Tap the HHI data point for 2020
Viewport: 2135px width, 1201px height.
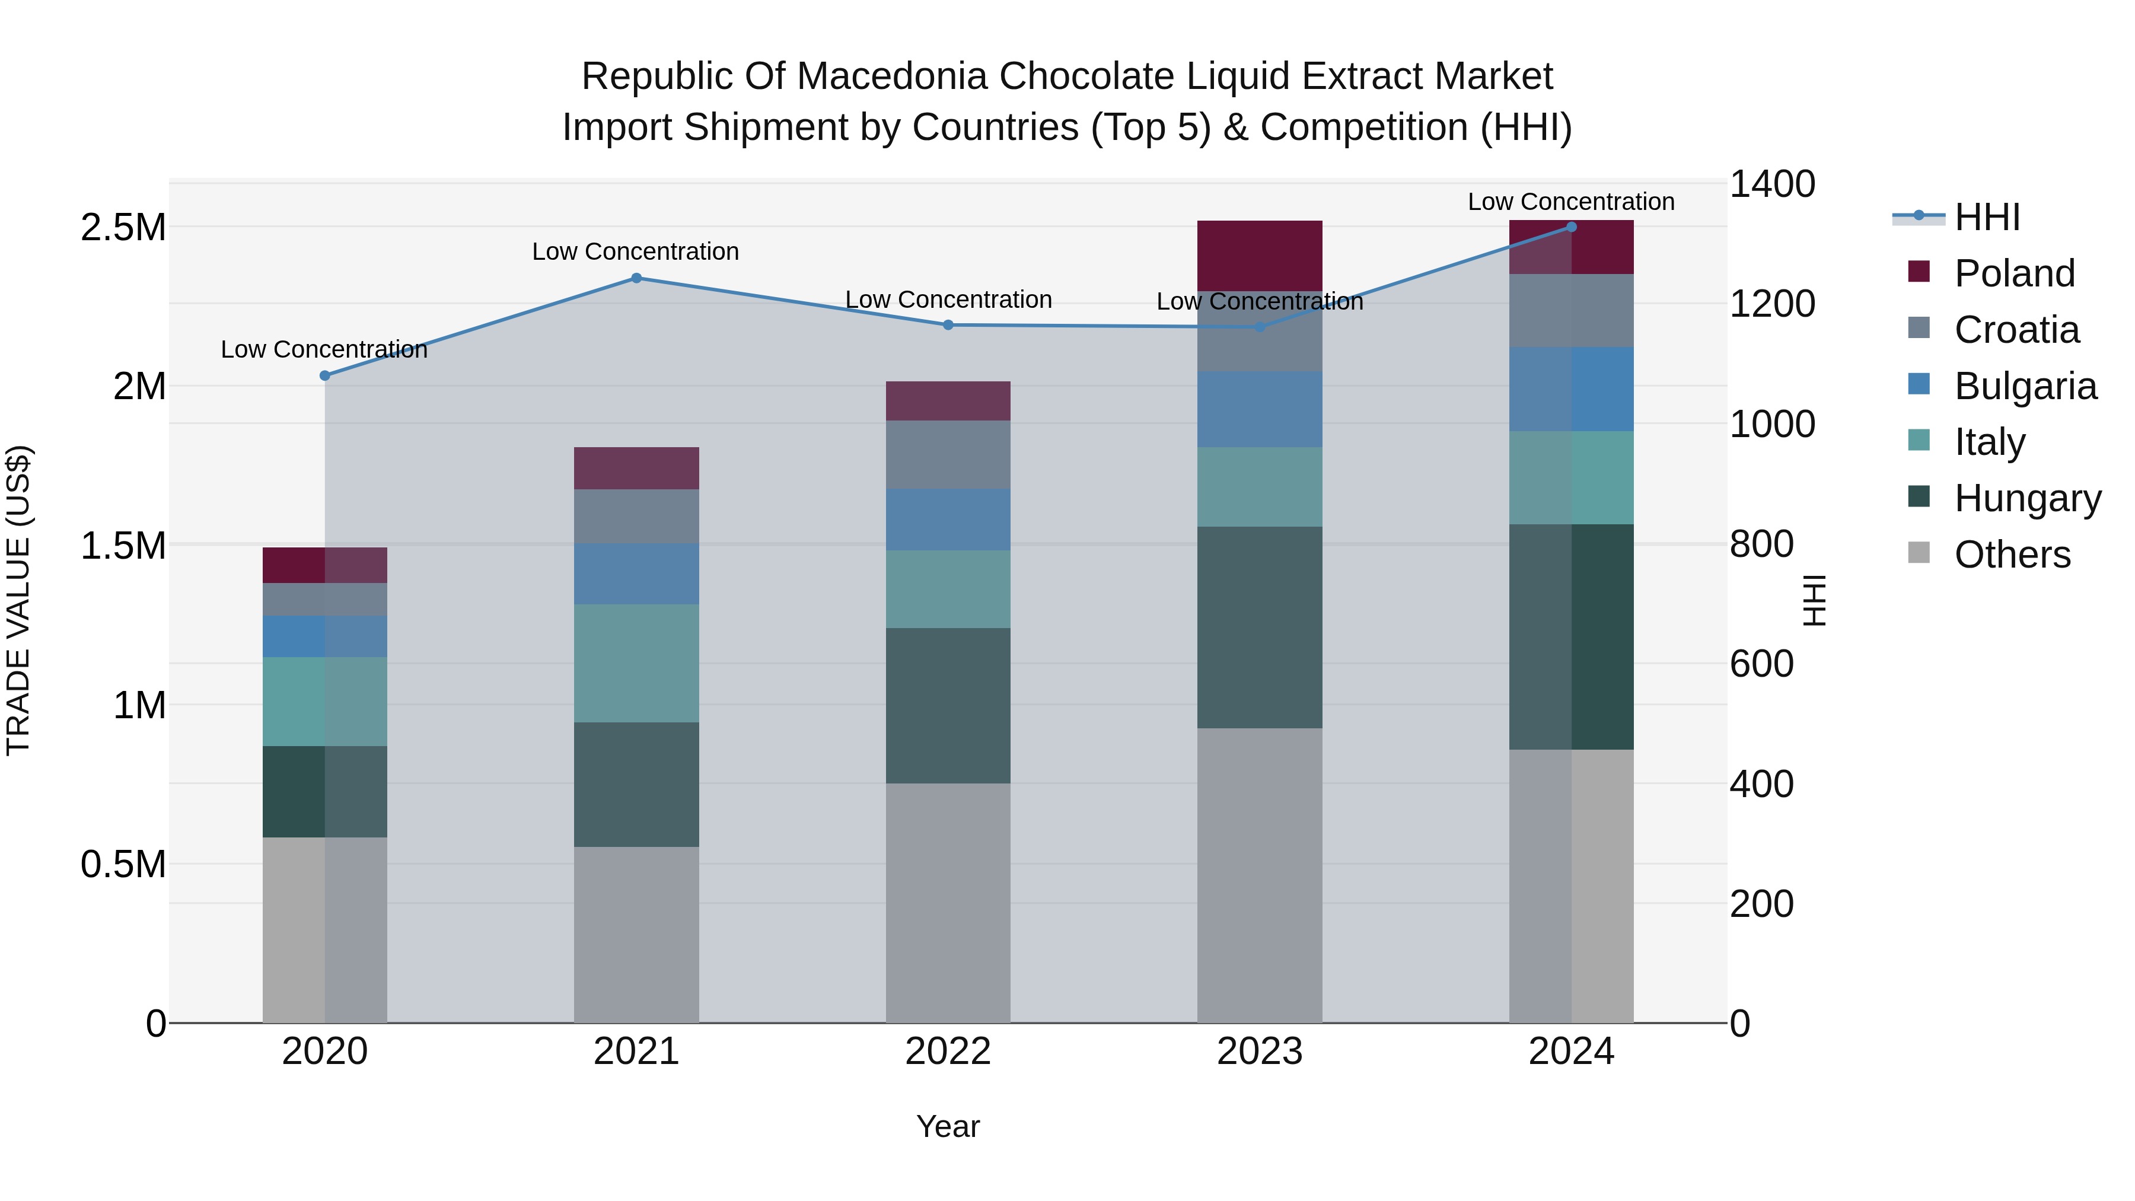click(325, 375)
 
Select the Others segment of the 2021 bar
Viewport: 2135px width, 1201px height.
click(636, 934)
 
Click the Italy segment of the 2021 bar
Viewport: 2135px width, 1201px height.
click(636, 663)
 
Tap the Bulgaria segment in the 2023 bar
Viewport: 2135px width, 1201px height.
click(1259, 409)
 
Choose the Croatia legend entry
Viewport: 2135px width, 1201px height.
click(2016, 330)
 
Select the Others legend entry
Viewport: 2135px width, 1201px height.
click(2012, 555)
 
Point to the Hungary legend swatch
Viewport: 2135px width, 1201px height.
click(1919, 496)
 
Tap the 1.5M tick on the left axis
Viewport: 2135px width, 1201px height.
click(123, 546)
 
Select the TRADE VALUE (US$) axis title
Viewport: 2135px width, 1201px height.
click(18, 600)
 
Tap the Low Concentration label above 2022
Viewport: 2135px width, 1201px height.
click(948, 300)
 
